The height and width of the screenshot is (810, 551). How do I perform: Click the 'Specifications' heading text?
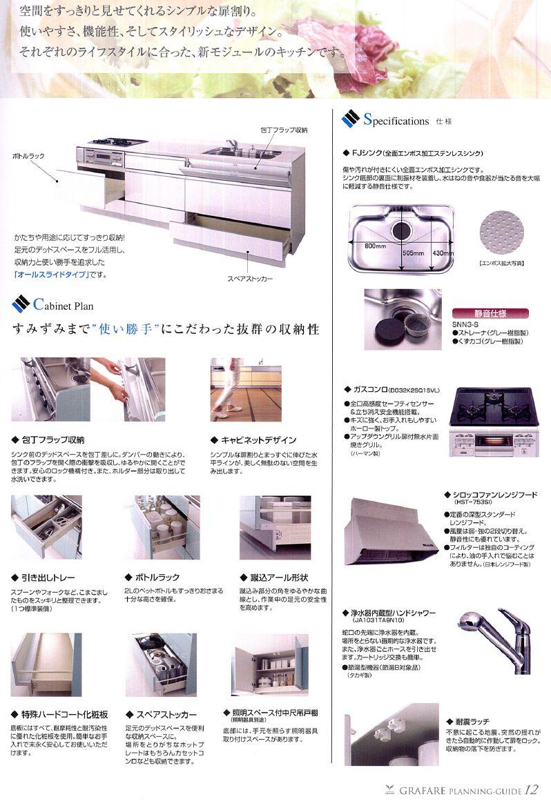[x=396, y=121]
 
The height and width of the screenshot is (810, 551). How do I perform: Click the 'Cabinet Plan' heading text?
[x=63, y=305]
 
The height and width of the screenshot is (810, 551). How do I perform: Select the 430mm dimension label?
[x=442, y=253]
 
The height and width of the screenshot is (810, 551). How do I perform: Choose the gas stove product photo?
[x=491, y=424]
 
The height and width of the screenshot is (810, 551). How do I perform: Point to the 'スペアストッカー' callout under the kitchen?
[x=249, y=279]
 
